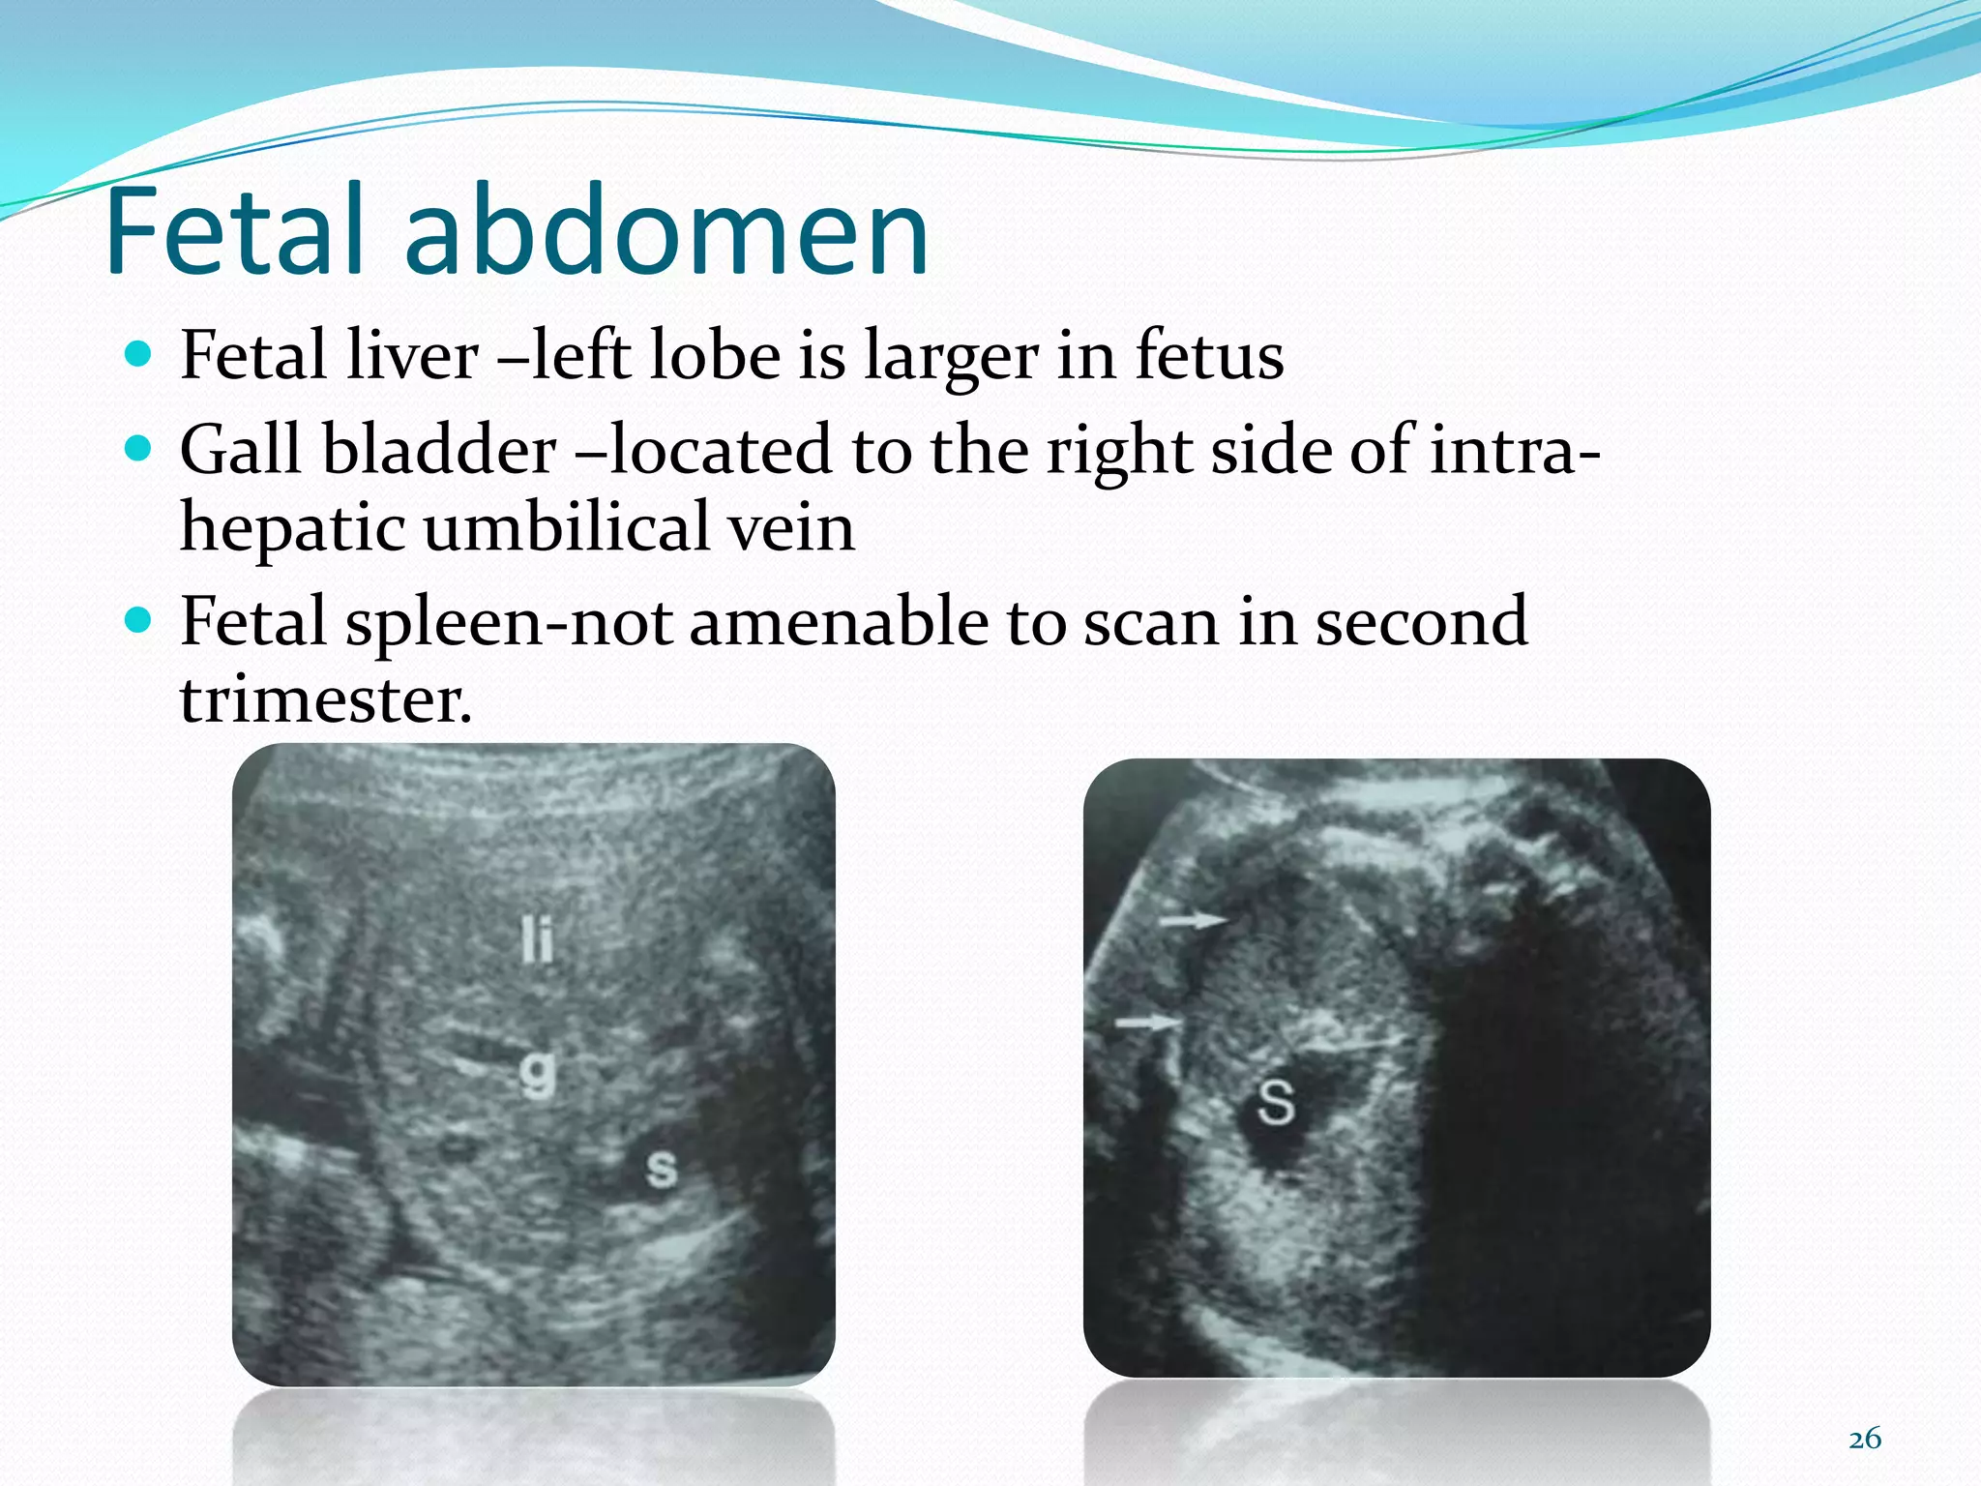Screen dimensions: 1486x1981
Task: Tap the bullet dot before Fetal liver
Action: [x=139, y=355]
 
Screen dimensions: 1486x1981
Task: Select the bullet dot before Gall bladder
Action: [x=139, y=449]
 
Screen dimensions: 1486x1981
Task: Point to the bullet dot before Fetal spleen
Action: [x=139, y=619]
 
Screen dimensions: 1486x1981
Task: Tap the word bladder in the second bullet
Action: [x=439, y=450]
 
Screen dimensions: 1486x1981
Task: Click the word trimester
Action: [x=325, y=698]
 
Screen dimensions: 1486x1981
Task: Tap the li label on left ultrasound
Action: [x=538, y=939]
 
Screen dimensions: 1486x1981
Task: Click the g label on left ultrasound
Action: [x=538, y=1073]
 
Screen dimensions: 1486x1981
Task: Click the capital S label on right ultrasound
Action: [x=1276, y=1102]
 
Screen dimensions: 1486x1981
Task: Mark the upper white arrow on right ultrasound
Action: [x=1194, y=919]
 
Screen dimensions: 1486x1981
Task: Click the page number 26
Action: [x=1864, y=1439]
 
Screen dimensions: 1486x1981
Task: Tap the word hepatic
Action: [x=293, y=530]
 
